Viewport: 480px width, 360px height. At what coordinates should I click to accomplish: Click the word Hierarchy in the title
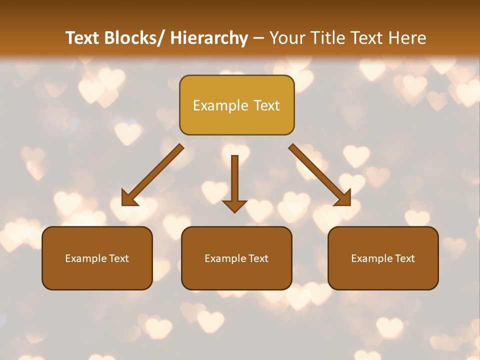coord(209,38)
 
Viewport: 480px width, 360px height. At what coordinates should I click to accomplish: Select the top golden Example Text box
coord(236,105)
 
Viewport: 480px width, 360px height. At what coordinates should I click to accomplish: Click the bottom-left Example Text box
coord(97,258)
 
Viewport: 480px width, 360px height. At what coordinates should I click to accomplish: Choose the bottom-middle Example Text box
coord(236,258)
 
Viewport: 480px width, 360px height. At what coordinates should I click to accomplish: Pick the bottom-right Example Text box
coord(383,258)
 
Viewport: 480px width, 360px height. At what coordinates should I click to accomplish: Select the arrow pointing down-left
coord(152,175)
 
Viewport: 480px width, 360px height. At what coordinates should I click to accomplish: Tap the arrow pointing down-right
coord(320,175)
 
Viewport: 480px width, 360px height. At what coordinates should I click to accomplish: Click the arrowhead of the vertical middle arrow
coord(234,205)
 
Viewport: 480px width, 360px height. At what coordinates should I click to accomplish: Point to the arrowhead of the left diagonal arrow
coord(129,198)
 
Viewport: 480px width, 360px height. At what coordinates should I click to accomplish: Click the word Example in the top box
coord(220,105)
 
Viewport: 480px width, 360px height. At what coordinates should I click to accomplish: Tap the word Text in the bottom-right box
coord(404,258)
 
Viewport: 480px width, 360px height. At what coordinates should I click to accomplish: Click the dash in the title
coord(258,38)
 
